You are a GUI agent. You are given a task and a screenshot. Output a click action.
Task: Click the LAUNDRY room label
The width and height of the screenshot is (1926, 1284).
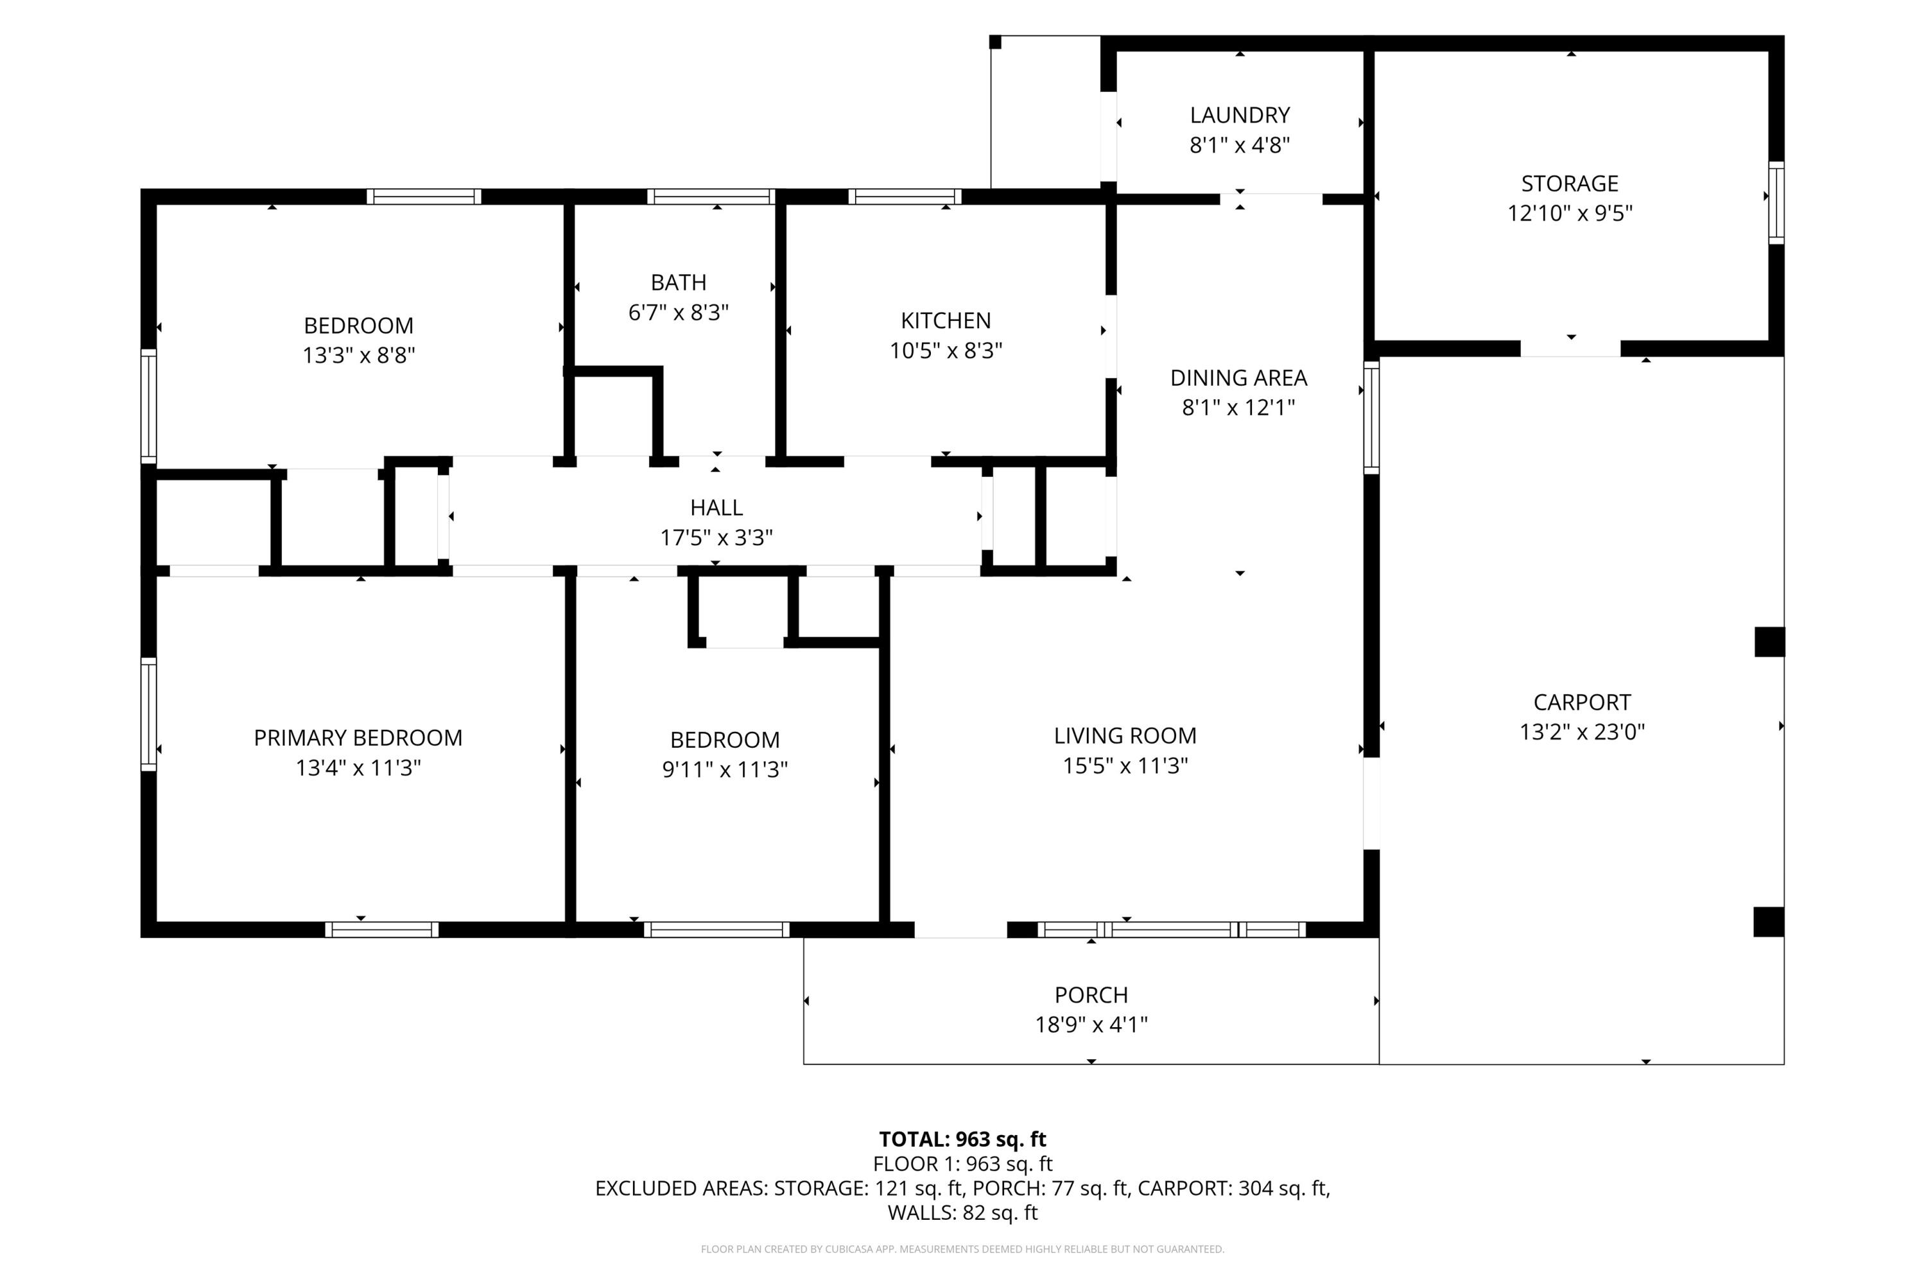point(1240,115)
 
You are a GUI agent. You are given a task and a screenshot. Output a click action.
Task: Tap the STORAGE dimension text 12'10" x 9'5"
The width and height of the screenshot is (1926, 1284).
point(1570,213)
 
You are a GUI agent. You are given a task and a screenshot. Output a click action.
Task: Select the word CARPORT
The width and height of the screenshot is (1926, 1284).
point(1582,702)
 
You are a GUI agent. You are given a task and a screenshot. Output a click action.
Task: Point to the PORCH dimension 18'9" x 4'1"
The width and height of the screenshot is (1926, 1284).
point(1091,1025)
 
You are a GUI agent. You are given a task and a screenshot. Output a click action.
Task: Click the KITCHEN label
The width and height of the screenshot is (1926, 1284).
point(946,320)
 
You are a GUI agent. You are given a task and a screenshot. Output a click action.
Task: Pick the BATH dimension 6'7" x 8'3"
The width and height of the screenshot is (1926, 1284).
point(678,312)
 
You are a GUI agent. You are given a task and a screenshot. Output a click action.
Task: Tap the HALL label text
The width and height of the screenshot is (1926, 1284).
point(716,508)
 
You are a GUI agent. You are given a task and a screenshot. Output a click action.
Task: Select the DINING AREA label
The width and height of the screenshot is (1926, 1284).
point(1238,377)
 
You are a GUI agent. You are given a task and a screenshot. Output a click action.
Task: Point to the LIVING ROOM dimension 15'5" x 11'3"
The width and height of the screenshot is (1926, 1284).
point(1125,766)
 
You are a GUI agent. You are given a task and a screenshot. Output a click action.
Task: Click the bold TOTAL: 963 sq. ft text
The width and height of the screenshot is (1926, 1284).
point(963,1139)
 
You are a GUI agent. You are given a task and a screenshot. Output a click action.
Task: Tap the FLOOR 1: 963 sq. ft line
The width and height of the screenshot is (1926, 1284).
point(963,1163)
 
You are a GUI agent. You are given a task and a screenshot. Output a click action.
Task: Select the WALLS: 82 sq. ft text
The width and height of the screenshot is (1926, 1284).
point(963,1213)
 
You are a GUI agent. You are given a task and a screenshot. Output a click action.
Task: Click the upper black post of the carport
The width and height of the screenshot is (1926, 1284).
point(1769,642)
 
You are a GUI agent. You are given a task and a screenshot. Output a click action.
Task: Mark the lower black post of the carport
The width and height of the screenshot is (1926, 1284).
point(1769,921)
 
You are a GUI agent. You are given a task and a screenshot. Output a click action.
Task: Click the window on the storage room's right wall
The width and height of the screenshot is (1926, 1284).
point(1776,203)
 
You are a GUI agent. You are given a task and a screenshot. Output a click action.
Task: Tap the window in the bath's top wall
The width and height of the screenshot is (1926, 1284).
point(711,196)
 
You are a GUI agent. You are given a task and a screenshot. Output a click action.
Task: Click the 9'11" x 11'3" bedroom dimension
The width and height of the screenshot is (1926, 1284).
point(725,770)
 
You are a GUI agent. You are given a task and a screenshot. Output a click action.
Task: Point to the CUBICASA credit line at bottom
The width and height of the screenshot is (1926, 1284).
point(963,1249)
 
